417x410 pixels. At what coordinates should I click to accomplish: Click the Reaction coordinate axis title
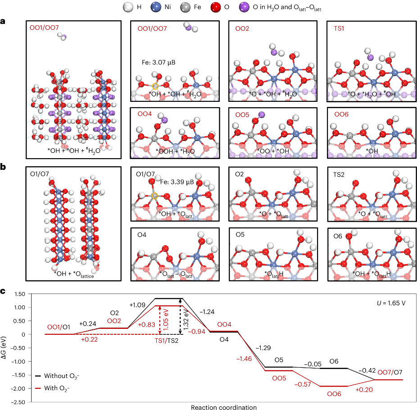(224, 407)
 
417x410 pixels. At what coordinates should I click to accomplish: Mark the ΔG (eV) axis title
(5, 347)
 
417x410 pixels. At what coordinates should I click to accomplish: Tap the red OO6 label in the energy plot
(334, 394)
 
